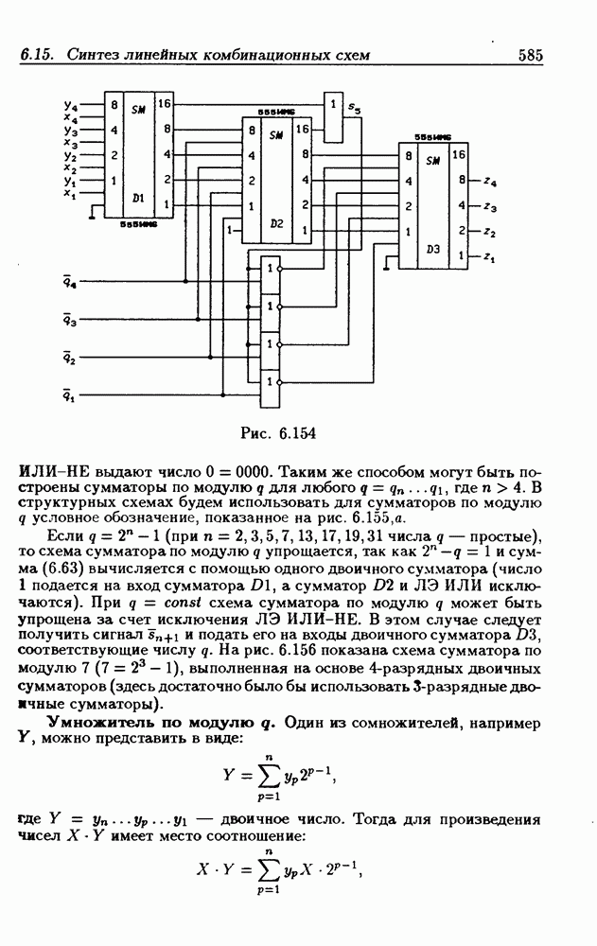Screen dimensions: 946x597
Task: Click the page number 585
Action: (x=530, y=56)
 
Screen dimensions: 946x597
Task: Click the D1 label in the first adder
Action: (x=137, y=199)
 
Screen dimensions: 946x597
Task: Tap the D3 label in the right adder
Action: (x=433, y=249)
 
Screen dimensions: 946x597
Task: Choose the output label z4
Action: (x=488, y=179)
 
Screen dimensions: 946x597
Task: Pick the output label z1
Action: (x=488, y=255)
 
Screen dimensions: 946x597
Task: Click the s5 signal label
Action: (x=354, y=111)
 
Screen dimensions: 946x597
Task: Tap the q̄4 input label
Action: (x=69, y=283)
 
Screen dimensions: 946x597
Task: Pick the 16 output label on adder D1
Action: (x=165, y=103)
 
